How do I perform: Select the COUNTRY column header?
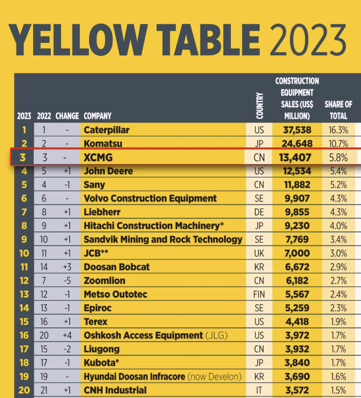[260, 106]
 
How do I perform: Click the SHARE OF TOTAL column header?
[338, 110]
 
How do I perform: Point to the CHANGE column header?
[67, 116]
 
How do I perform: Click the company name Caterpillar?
[107, 130]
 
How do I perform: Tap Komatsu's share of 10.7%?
[338, 144]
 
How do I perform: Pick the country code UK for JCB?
[259, 253]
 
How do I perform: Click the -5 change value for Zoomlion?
[67, 281]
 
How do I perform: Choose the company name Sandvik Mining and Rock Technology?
[163, 240]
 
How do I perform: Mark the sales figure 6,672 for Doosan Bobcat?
[297, 267]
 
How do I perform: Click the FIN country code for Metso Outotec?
[259, 295]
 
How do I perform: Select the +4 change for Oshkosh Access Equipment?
[67, 335]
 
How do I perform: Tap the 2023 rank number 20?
[24, 390]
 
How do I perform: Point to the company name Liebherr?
[102, 212]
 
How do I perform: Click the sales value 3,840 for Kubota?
[297, 363]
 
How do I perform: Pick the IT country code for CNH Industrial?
[259, 390]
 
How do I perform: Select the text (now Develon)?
[215, 376]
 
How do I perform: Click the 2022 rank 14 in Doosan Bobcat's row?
[44, 267]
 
